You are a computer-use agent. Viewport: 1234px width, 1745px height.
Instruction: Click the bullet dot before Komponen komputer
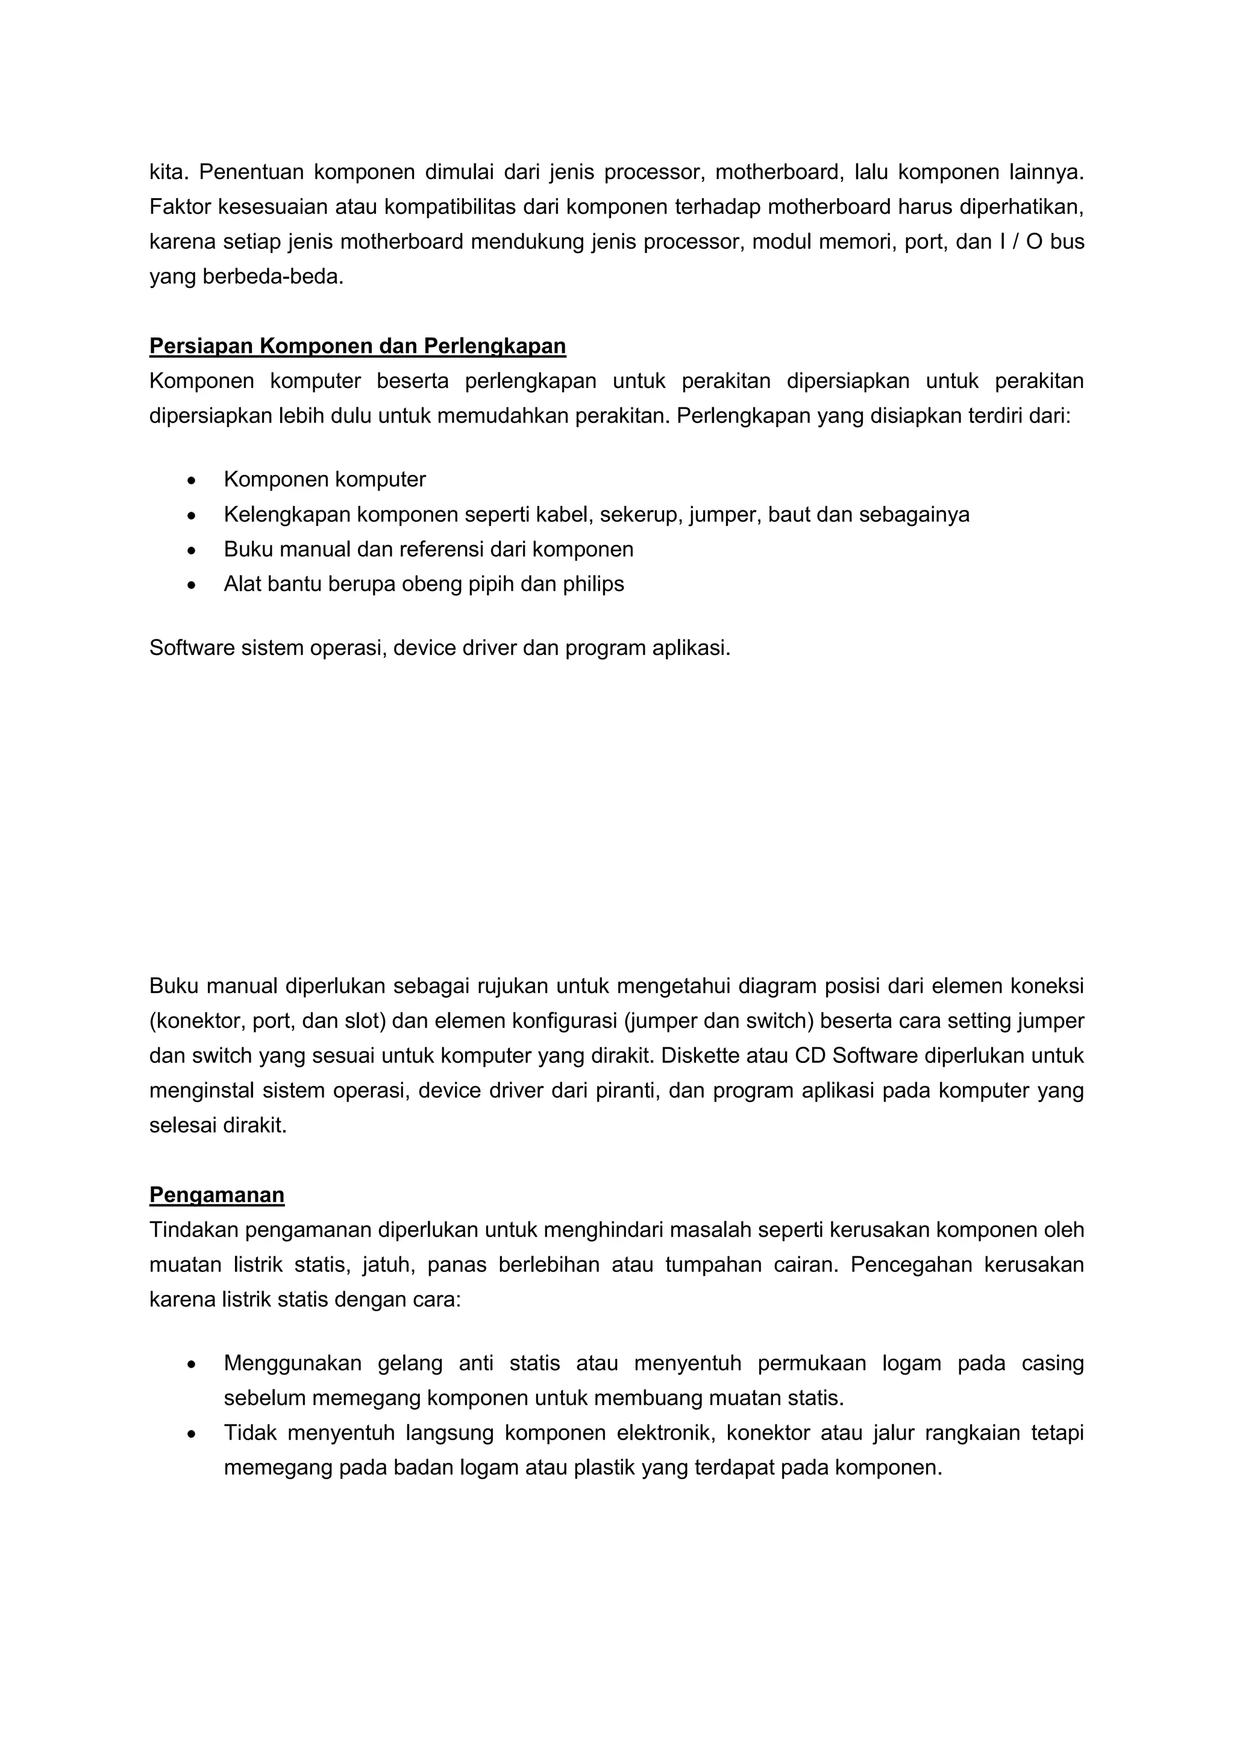coord(192,481)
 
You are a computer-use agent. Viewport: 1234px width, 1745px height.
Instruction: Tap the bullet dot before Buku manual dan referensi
coord(192,551)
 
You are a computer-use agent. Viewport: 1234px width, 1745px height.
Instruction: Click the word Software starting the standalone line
coord(192,648)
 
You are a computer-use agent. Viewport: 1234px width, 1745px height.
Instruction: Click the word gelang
coord(410,1364)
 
